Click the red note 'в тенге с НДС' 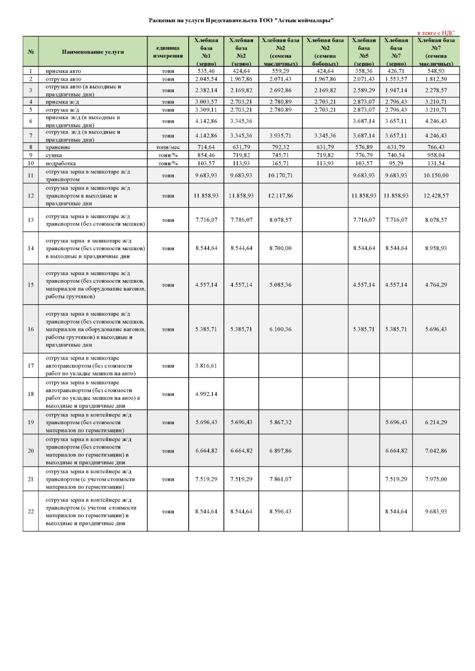click(x=436, y=33)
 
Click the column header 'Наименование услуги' click(x=93, y=52)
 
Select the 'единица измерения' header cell click(x=168, y=52)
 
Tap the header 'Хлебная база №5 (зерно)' click(x=364, y=52)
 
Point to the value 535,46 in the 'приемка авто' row click(x=206, y=71)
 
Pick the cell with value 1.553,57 click(x=396, y=79)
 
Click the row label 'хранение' click(x=58, y=147)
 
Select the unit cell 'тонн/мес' click(x=168, y=147)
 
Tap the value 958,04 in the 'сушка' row click(x=436, y=155)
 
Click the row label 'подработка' click(x=61, y=163)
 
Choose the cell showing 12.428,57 click(x=436, y=195)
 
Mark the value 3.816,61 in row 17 click(x=206, y=366)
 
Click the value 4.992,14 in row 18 click(x=206, y=394)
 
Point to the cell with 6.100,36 click(x=280, y=329)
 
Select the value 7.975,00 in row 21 click(x=436, y=479)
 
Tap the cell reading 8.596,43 click(x=280, y=511)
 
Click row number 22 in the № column click(x=31, y=511)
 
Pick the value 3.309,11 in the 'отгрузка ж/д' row click(x=206, y=110)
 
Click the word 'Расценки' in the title click(x=161, y=20)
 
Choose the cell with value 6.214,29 click(x=436, y=422)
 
